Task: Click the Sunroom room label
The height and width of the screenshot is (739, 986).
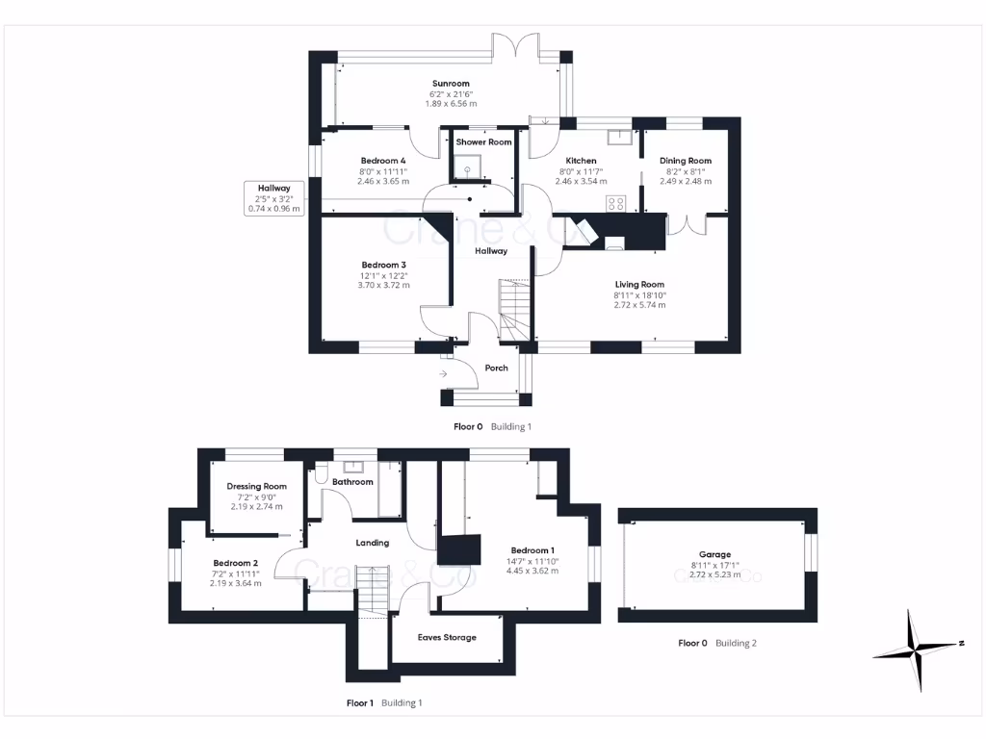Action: pyautogui.click(x=451, y=84)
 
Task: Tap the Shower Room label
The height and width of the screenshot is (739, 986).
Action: pyautogui.click(x=483, y=142)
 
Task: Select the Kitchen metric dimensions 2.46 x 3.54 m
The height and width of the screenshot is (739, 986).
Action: pyautogui.click(x=581, y=181)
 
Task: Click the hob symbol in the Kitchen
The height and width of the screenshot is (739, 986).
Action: pyautogui.click(x=616, y=203)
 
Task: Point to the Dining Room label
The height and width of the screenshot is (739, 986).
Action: pyautogui.click(x=686, y=161)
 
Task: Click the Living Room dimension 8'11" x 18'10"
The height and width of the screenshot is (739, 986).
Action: pyautogui.click(x=639, y=295)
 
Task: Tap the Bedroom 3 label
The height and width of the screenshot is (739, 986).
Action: pyautogui.click(x=383, y=266)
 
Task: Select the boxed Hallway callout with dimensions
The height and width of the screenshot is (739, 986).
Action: pyautogui.click(x=274, y=198)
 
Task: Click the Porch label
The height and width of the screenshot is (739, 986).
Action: pyautogui.click(x=496, y=369)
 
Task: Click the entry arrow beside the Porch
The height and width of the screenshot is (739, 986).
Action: pyautogui.click(x=443, y=374)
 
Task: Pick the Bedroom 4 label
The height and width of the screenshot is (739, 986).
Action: pyautogui.click(x=383, y=161)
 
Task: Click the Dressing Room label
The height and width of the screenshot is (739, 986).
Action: pyautogui.click(x=256, y=486)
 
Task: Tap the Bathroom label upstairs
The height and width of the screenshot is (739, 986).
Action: pyautogui.click(x=352, y=482)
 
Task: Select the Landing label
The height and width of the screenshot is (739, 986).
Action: pyautogui.click(x=373, y=543)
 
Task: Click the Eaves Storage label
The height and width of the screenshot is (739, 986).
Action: pyautogui.click(x=447, y=637)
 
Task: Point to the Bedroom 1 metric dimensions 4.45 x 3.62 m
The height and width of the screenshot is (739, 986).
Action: pyautogui.click(x=532, y=571)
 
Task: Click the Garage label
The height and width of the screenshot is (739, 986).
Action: pyautogui.click(x=715, y=554)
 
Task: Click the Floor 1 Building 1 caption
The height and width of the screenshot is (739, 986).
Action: pyautogui.click(x=384, y=703)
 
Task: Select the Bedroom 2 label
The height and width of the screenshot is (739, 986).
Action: pyautogui.click(x=236, y=563)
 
